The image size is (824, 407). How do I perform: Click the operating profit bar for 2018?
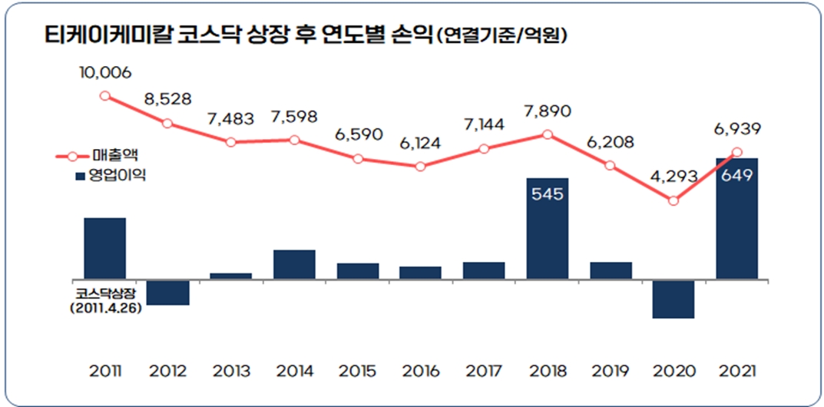548,228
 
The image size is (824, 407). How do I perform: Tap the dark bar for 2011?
104,248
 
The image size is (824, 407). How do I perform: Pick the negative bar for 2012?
167,292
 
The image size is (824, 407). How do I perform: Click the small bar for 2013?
230,275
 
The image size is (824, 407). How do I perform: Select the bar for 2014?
294,264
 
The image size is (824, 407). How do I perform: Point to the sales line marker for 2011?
104,96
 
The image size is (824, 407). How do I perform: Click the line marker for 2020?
673,200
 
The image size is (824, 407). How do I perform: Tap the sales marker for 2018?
548,134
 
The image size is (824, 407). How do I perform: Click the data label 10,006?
104,72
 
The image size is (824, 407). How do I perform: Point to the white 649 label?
736,174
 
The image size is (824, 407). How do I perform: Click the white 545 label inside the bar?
548,194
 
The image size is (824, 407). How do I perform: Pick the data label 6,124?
421,143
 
